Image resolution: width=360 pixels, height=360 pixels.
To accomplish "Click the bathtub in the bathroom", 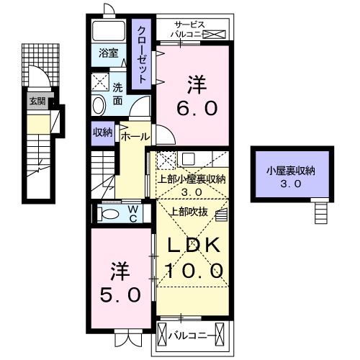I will [x=110, y=30].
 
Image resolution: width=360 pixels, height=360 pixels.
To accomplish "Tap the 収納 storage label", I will [x=102, y=132].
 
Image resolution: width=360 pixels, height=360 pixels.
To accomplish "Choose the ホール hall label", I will [x=135, y=136].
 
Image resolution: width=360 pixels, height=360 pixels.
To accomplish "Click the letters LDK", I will [x=194, y=246].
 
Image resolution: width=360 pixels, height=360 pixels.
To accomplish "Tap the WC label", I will [x=134, y=213].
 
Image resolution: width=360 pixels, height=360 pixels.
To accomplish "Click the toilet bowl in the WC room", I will [x=109, y=214].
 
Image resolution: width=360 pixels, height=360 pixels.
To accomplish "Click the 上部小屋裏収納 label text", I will [x=192, y=180].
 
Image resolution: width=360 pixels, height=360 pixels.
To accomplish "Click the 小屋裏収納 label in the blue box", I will [x=290, y=171].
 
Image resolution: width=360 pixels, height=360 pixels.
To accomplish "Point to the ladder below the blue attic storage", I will [x=320, y=212].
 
